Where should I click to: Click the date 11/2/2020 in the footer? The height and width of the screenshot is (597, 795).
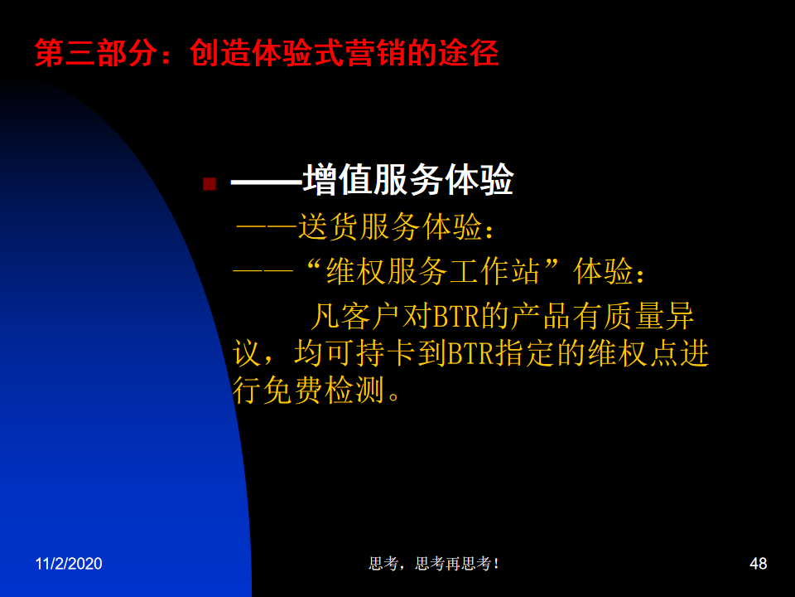(x=69, y=564)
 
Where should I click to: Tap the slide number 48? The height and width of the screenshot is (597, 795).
(x=758, y=564)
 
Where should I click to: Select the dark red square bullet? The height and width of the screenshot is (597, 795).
(x=210, y=183)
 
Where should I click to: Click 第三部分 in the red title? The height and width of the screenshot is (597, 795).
(x=96, y=53)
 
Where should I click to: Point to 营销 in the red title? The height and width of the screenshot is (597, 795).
(x=375, y=53)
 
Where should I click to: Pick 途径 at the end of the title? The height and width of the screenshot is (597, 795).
(x=469, y=53)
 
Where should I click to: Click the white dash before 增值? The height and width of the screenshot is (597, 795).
(x=267, y=182)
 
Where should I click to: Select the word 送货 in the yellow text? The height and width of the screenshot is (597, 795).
(x=329, y=226)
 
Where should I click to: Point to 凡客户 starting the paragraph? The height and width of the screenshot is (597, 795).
(x=355, y=316)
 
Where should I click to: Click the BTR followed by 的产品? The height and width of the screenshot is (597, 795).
(x=455, y=316)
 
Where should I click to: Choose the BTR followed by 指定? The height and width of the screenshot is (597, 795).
(x=470, y=353)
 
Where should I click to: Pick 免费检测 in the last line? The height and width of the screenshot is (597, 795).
(x=324, y=391)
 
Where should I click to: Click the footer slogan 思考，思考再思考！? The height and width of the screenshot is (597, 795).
(x=434, y=564)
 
